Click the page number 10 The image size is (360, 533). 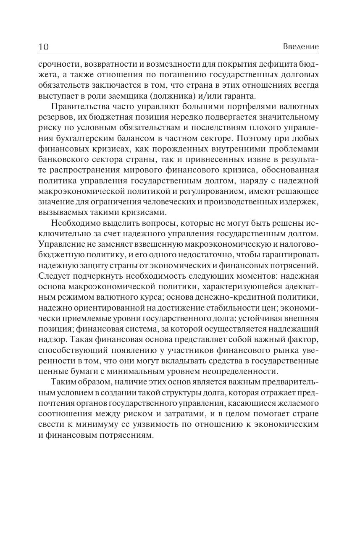43,47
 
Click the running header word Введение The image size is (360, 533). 301,47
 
